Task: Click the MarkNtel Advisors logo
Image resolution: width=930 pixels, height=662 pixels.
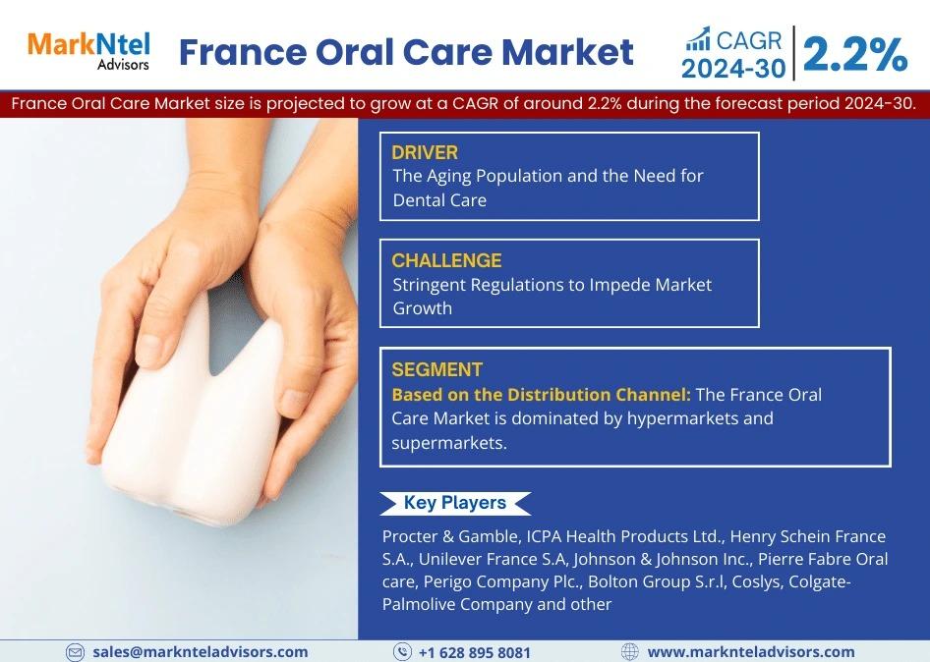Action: coord(88,51)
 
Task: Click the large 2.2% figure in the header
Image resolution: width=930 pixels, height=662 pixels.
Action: coord(854,54)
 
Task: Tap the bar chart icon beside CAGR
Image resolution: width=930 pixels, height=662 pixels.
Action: coord(698,39)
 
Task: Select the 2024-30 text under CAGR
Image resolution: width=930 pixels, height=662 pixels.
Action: coord(733,69)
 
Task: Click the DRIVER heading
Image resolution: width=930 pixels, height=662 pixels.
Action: coord(425,152)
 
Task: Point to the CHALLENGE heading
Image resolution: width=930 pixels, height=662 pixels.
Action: coord(446,260)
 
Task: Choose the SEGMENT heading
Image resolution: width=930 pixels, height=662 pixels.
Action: coord(437,370)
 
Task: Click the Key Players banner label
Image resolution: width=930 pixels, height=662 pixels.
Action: coord(455,503)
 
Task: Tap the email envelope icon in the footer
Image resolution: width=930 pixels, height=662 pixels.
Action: coord(75,652)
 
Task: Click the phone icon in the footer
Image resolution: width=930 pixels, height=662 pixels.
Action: coord(402,652)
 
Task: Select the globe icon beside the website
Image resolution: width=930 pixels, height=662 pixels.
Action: coord(629,652)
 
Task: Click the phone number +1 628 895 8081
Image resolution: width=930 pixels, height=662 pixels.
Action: coord(475,652)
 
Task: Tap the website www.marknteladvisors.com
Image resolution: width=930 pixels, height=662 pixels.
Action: coord(751,652)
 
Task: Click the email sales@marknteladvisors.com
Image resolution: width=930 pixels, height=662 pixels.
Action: coord(200,652)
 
